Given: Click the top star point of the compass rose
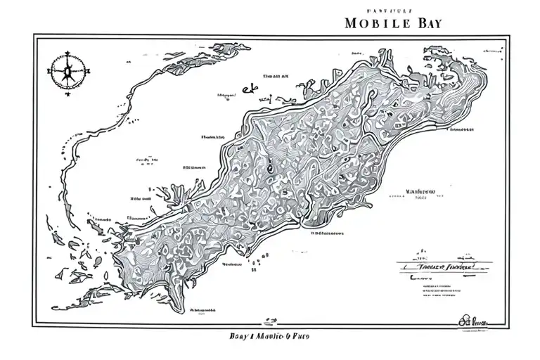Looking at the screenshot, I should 67,52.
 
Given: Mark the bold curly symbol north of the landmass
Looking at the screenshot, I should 247,89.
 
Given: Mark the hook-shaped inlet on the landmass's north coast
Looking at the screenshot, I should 310,88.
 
